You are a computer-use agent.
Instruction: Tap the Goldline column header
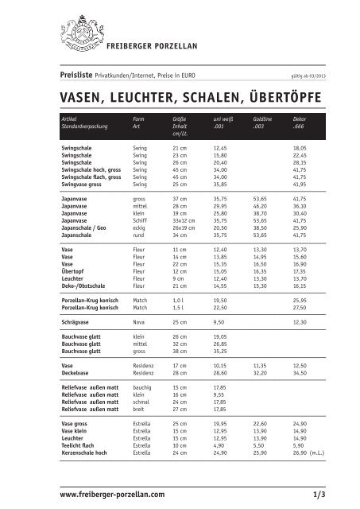point(263,118)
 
